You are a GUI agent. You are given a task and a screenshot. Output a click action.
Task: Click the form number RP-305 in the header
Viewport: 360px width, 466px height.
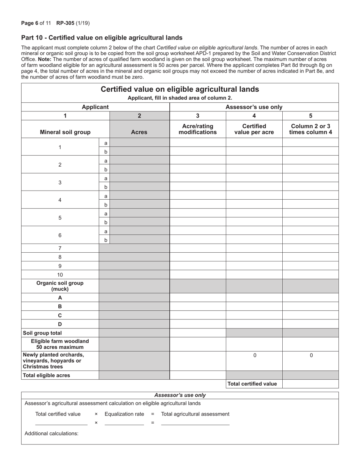(65, 23)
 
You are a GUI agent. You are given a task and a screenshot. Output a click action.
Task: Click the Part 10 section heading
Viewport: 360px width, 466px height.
(102, 38)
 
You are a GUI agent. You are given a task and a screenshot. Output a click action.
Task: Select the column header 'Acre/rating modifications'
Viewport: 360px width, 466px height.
(197, 129)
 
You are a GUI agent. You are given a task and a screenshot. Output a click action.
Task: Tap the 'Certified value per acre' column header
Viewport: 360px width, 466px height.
(254, 129)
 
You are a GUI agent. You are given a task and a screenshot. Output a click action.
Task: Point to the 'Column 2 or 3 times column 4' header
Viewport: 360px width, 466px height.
(310, 129)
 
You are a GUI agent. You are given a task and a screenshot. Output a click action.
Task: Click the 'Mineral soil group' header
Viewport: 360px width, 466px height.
(65, 132)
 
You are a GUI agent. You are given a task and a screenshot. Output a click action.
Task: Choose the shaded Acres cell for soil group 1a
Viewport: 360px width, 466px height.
(139, 143)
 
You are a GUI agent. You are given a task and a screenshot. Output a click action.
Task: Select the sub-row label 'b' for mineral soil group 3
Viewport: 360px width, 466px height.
(106, 187)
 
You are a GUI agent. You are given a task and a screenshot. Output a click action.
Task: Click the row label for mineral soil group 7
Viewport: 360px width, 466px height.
(60, 249)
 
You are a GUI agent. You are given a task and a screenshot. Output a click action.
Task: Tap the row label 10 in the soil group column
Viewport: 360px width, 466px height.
(60, 275)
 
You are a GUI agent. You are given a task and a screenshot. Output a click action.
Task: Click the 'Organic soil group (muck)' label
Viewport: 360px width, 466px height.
(60, 286)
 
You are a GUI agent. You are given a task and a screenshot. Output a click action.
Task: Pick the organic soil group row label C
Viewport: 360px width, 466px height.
(60, 315)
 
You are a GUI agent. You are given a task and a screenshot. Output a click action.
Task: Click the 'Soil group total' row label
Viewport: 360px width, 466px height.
(42, 333)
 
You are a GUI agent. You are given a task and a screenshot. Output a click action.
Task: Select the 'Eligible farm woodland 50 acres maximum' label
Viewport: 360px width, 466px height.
(60, 344)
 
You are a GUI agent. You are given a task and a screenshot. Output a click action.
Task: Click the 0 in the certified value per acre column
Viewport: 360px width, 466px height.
(255, 355)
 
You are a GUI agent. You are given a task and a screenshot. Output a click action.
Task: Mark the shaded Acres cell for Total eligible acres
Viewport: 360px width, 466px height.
(134, 375)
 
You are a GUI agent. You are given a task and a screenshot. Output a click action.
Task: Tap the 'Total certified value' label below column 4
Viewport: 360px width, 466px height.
(252, 384)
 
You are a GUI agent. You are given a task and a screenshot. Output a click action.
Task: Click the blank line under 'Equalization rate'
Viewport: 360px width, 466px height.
(124, 422)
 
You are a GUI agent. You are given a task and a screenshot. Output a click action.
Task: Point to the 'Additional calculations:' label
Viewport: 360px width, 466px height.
(52, 433)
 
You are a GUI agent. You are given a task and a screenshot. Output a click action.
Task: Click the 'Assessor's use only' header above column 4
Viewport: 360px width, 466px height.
(254, 107)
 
